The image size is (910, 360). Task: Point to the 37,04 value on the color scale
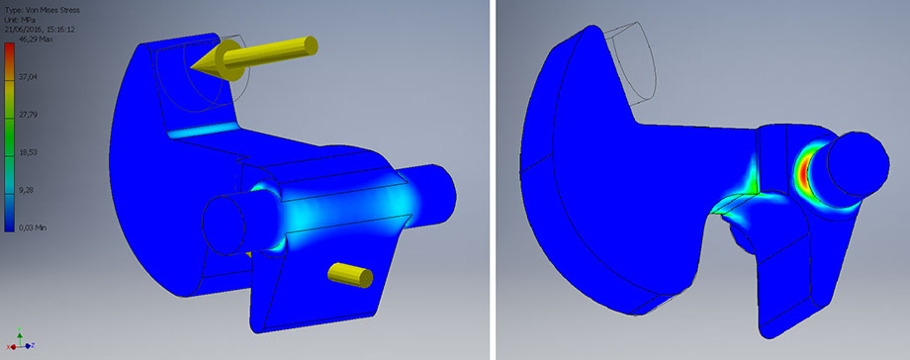(28, 75)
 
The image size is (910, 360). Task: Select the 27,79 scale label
(28, 114)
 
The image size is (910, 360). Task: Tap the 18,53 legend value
(28, 151)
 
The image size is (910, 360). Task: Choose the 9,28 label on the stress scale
(26, 189)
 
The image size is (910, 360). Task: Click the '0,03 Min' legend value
(32, 227)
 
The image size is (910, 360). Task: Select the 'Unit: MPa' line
(19, 20)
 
